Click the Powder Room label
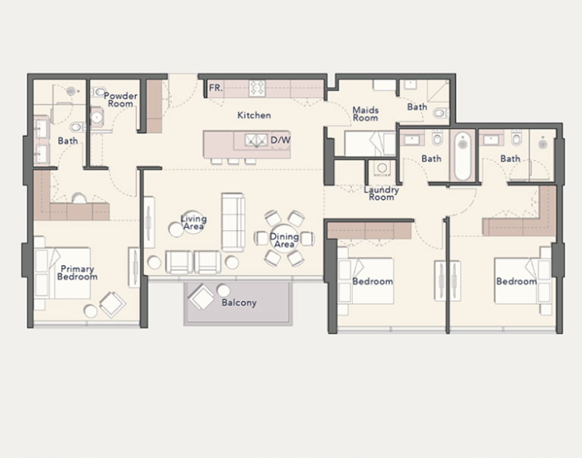pos(120,100)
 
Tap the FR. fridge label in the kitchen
pos(215,88)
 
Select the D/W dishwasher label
pos(280,140)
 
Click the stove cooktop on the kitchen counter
pos(257,88)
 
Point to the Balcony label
pos(239,303)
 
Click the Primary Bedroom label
pos(77,272)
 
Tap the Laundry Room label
pos(381,193)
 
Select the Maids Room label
pos(365,114)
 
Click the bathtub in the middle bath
pos(463,156)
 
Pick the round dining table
pos(284,239)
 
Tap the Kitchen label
pos(254,115)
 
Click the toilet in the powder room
pos(98,91)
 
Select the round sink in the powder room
pos(97,117)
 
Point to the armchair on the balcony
pos(202,297)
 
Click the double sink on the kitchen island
pos(256,140)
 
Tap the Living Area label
pos(194,223)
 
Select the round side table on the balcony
pos(223,291)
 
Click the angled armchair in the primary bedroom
pos(113,304)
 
